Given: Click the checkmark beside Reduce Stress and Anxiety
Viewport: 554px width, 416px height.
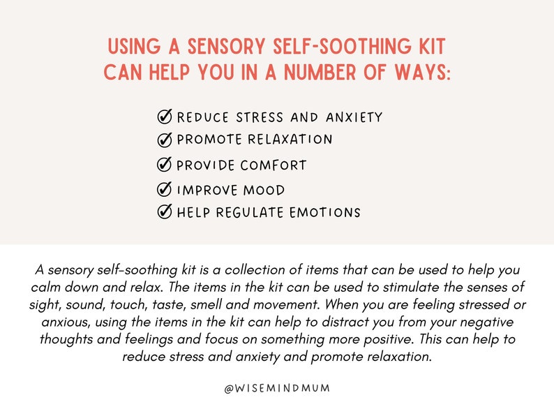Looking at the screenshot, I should click(x=165, y=117).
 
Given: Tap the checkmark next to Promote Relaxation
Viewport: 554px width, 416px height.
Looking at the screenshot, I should click(x=165, y=140).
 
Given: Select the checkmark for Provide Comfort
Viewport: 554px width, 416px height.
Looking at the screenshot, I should click(x=165, y=165).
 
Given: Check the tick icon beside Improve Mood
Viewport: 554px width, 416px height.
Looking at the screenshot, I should click(x=165, y=189).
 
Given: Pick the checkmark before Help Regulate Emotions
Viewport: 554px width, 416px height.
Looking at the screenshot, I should click(x=165, y=212).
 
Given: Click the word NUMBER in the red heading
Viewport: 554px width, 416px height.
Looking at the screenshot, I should click(x=304, y=73).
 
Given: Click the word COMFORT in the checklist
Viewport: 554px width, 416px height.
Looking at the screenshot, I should click(x=274, y=165).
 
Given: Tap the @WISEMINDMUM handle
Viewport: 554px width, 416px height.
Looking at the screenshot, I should click(x=277, y=389).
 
